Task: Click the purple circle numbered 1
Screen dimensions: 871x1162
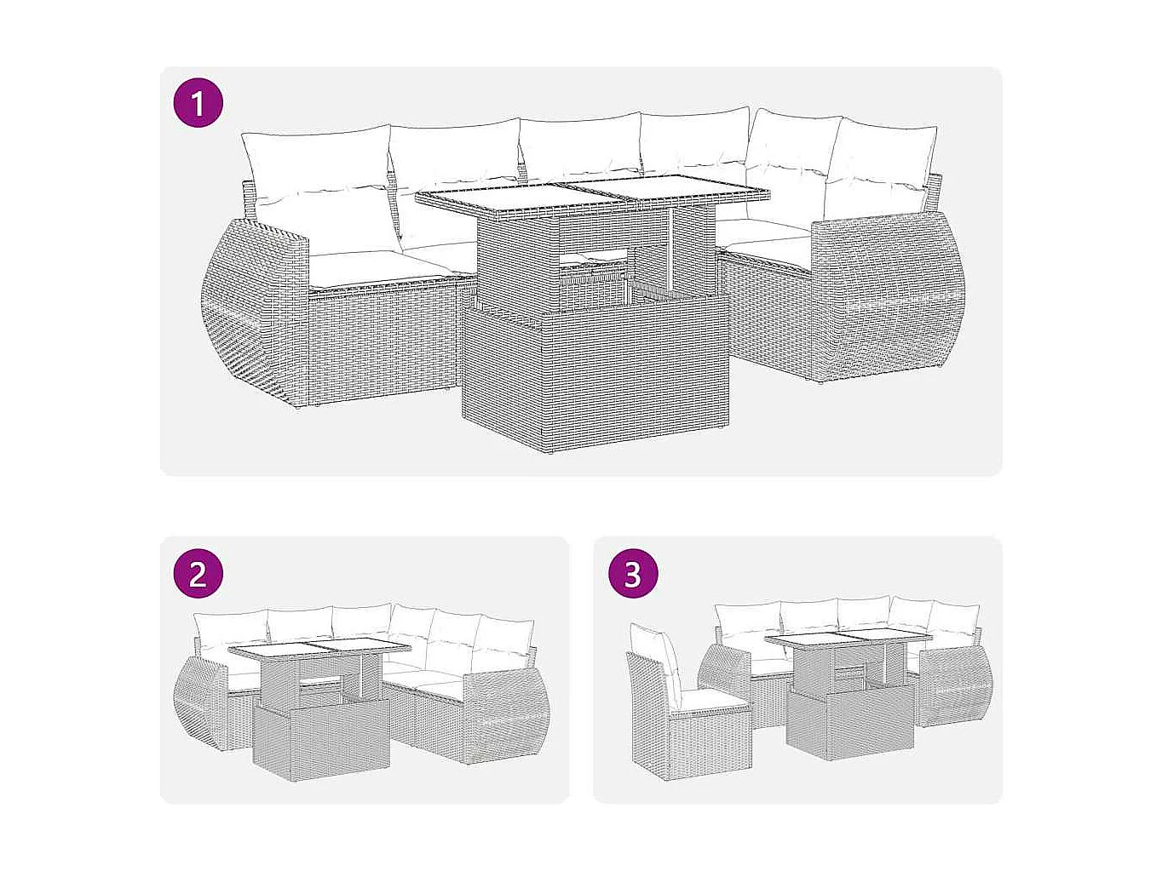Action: pos(198,104)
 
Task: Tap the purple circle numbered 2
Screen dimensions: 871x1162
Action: pos(198,573)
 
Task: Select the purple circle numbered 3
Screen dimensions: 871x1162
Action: pos(632,573)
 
